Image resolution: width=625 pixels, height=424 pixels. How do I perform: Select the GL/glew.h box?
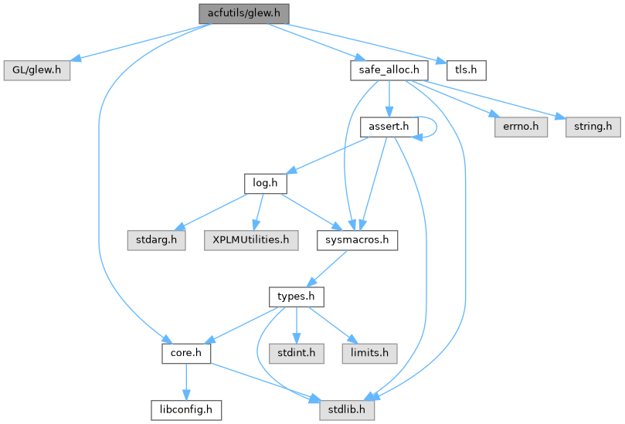[37, 70]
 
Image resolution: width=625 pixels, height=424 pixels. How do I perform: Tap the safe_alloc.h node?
[389, 70]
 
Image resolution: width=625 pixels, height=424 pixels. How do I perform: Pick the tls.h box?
[466, 70]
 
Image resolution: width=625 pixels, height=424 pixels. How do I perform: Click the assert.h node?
[389, 126]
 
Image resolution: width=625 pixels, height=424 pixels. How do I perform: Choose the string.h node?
[593, 126]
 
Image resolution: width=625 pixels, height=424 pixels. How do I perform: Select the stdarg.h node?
[152, 239]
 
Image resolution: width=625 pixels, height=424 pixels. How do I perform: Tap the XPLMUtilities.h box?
[251, 239]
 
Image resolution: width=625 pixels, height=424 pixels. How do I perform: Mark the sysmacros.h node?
[357, 239]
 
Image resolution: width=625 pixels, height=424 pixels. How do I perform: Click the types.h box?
[296, 297]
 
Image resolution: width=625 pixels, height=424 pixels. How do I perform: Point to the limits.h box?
[370, 353]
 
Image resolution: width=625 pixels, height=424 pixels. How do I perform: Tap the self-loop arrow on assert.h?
[438, 126]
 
